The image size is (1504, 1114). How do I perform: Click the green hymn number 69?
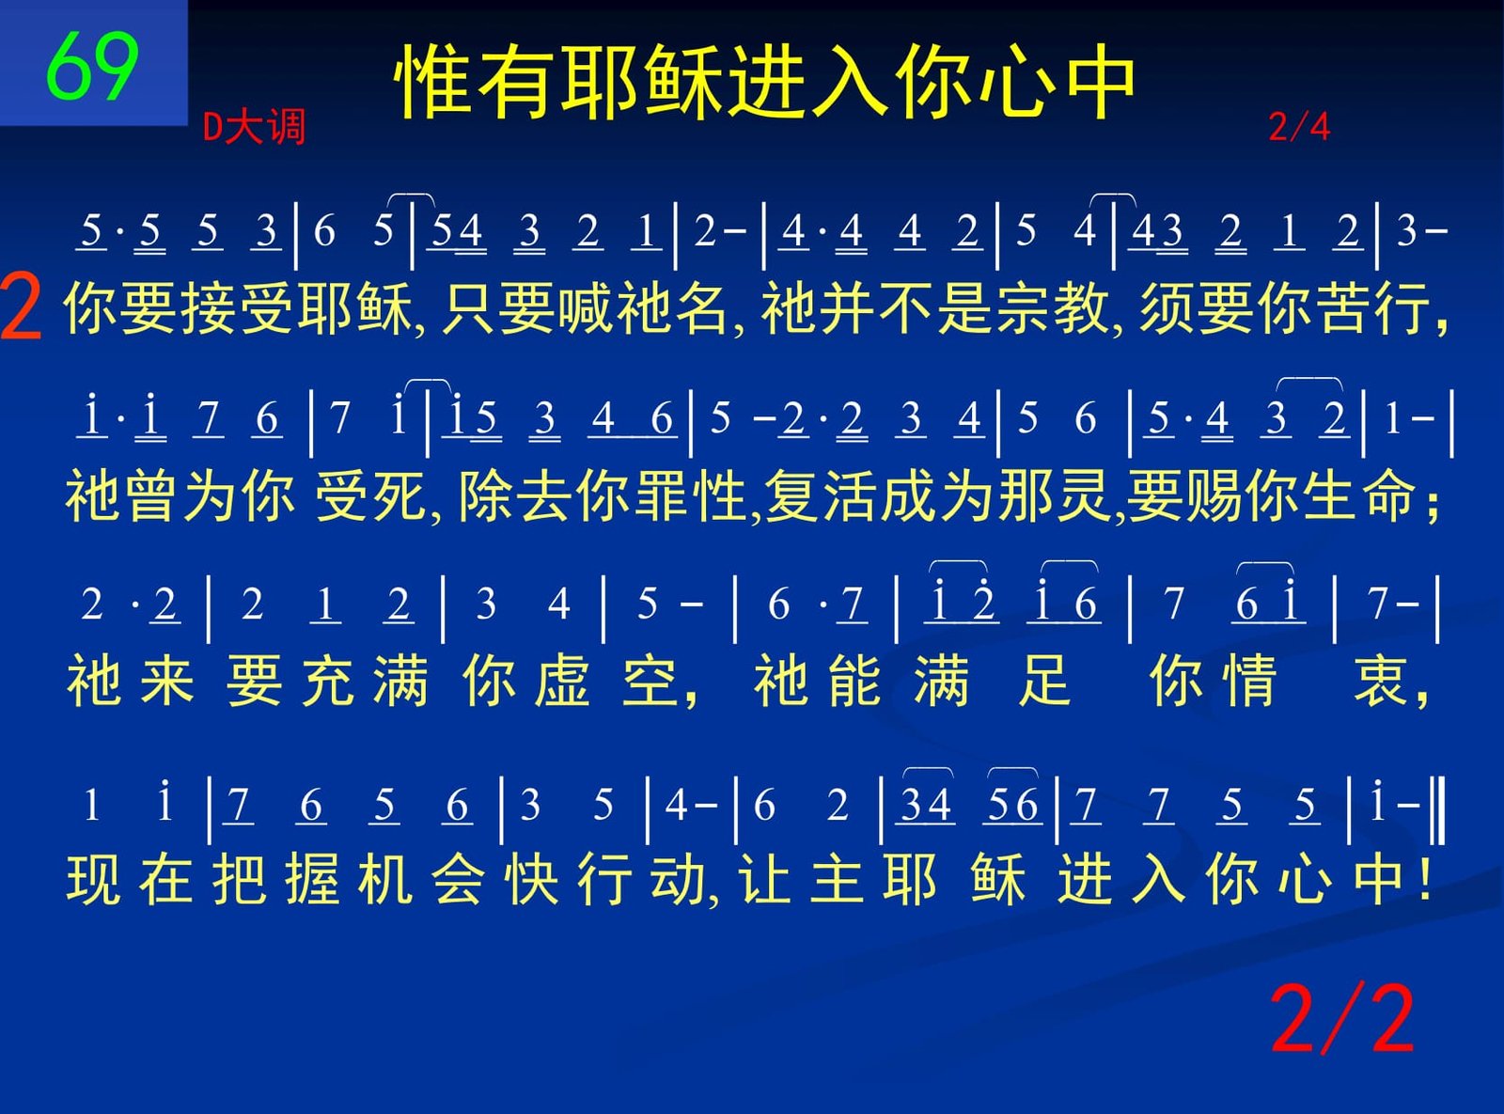click(x=93, y=67)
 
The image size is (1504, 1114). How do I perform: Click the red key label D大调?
click(x=255, y=127)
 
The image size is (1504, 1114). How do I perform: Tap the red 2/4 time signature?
click(x=1299, y=127)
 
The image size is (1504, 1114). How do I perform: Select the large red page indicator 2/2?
click(x=1342, y=1020)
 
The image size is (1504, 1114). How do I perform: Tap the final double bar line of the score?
click(x=1439, y=810)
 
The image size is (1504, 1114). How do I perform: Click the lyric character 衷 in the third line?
click(x=1381, y=681)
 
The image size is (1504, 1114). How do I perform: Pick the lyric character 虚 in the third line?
click(x=562, y=681)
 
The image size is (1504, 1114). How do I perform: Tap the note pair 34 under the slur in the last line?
click(x=926, y=806)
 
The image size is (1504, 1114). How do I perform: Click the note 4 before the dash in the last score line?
click(x=676, y=806)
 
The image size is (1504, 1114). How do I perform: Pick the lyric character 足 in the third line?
click(x=1045, y=681)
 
